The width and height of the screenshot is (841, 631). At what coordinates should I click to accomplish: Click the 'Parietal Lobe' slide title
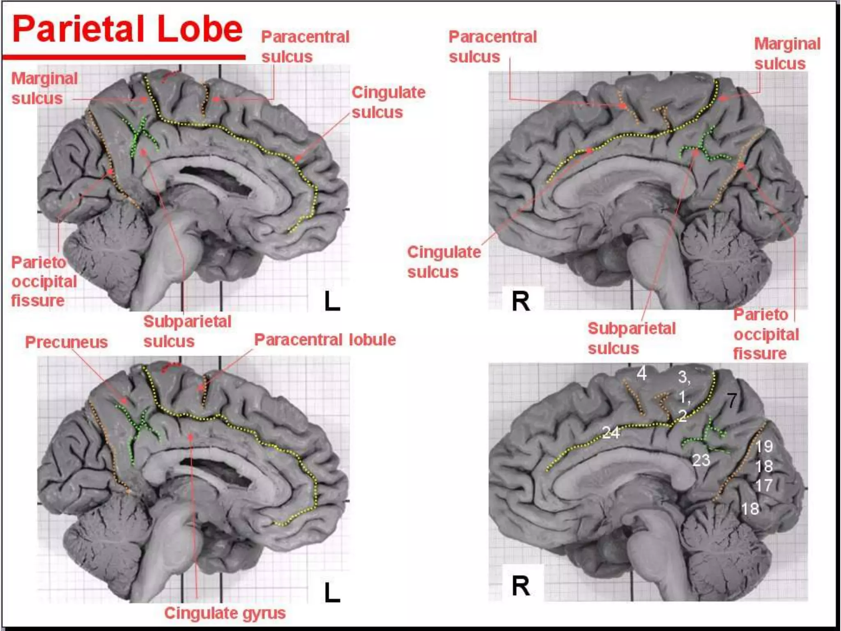tap(127, 29)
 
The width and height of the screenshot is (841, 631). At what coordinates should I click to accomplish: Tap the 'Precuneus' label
tap(66, 342)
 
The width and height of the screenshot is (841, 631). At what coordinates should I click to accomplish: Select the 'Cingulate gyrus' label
tap(225, 613)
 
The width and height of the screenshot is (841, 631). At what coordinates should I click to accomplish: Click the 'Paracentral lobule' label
tap(325, 340)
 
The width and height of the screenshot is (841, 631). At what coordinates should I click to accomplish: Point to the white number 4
tap(641, 373)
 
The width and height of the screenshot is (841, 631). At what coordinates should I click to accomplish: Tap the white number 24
tap(611, 433)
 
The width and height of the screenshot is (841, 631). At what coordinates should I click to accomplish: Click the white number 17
tap(764, 486)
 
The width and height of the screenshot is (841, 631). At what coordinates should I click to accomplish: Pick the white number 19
tap(764, 447)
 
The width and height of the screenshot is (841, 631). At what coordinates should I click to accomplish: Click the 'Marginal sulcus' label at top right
tap(787, 54)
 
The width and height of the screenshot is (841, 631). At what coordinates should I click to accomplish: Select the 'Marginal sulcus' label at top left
tap(44, 88)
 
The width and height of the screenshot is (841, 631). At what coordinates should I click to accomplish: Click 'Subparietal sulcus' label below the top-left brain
tap(187, 331)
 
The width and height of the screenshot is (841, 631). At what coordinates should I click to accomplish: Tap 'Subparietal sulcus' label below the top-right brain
tap(631, 338)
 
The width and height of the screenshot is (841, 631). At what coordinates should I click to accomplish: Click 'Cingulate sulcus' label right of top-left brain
tap(388, 102)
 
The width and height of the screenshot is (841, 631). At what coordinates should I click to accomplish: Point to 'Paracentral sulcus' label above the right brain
tap(492, 46)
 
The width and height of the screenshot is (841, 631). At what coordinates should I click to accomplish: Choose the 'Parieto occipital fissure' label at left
tap(44, 281)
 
